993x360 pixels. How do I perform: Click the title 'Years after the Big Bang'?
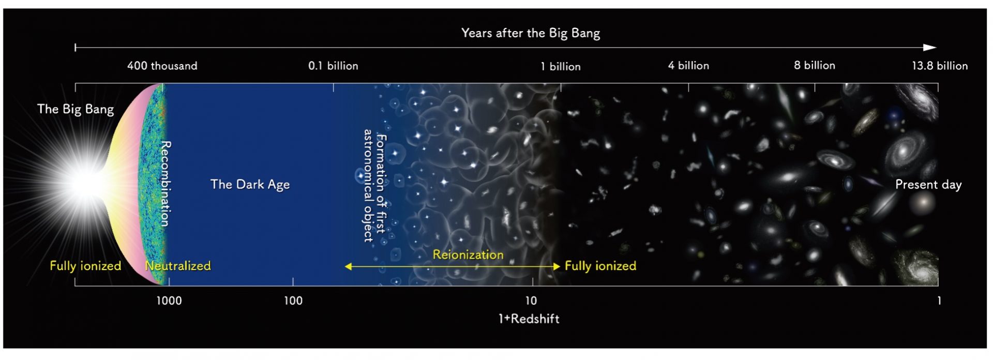pyautogui.click(x=531, y=34)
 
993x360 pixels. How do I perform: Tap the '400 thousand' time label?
pyautogui.click(x=162, y=66)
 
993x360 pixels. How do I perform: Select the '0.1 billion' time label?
pyautogui.click(x=333, y=66)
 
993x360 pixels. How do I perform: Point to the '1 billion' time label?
pyautogui.click(x=561, y=67)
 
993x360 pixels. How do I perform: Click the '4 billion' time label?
pyautogui.click(x=688, y=66)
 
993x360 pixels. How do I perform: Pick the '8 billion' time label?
pyautogui.click(x=815, y=66)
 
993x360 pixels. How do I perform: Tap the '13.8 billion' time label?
pyautogui.click(x=940, y=66)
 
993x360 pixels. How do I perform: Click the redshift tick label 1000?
pyautogui.click(x=169, y=301)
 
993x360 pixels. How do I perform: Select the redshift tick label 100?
pyautogui.click(x=293, y=301)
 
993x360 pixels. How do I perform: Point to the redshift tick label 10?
pyautogui.click(x=531, y=301)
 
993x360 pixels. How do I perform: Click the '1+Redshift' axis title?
pyautogui.click(x=529, y=319)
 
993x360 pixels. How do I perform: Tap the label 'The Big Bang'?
pyautogui.click(x=76, y=110)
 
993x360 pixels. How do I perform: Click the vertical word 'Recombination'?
pyautogui.click(x=165, y=184)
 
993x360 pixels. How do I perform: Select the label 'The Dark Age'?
pyautogui.click(x=250, y=185)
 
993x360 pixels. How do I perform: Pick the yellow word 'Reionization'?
pyautogui.click(x=468, y=255)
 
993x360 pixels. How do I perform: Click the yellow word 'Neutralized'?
pyautogui.click(x=178, y=266)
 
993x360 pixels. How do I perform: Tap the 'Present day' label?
pyautogui.click(x=928, y=185)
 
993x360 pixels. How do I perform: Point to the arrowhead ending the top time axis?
pyautogui.click(x=930, y=48)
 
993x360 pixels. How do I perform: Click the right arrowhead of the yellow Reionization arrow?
pyautogui.click(x=557, y=267)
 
